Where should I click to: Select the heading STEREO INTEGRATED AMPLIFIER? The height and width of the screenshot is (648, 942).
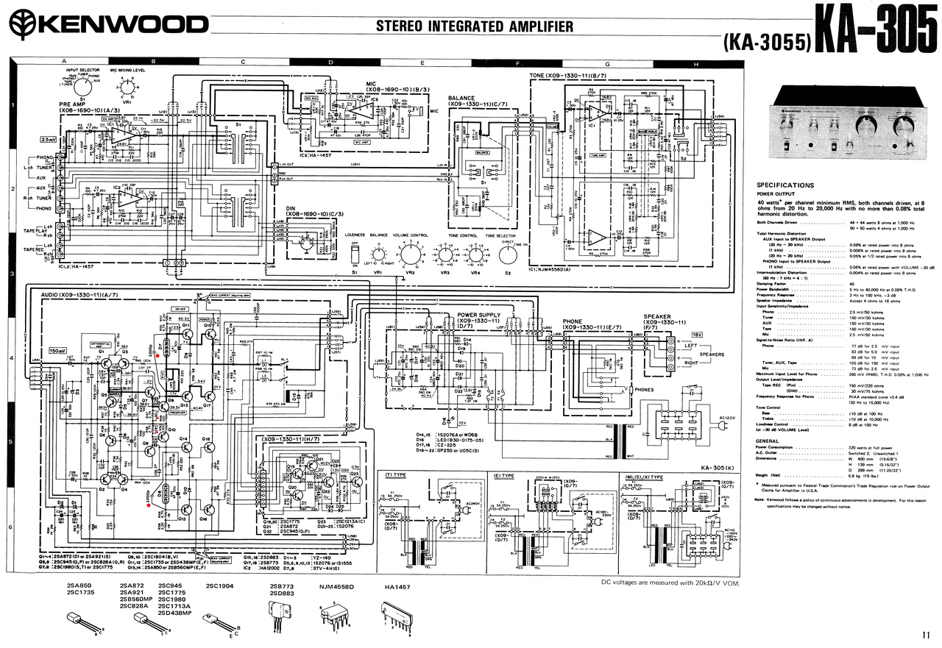click(474, 26)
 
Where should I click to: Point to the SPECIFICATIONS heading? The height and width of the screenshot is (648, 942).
click(785, 185)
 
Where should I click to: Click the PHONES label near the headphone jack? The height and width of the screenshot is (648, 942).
click(644, 390)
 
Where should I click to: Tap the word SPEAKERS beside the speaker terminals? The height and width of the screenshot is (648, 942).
click(712, 355)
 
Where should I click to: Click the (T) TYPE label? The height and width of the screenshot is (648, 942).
click(395, 475)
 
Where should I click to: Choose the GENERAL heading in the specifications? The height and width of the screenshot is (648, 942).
click(768, 441)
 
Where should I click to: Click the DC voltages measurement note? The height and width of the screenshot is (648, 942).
click(670, 583)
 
